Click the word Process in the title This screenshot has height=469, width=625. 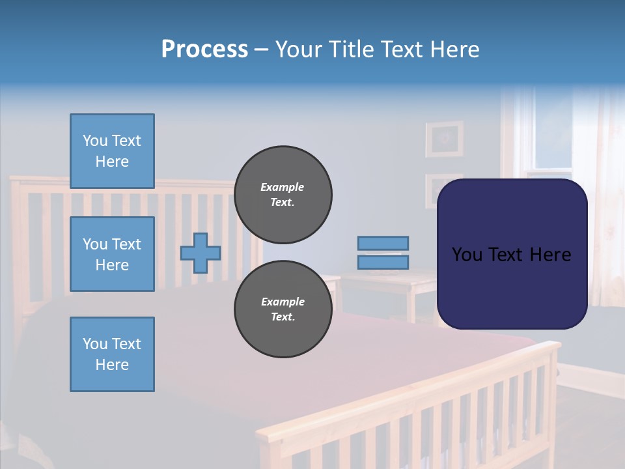tap(204, 50)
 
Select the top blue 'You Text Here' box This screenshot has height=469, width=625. tap(112, 151)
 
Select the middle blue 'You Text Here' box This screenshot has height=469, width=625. tap(112, 254)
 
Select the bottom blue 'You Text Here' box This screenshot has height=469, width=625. tap(112, 354)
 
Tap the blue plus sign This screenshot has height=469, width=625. tap(201, 253)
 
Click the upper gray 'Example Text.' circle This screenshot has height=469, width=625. tap(283, 195)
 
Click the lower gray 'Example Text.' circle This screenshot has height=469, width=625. tap(283, 309)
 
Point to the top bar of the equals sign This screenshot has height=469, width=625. tap(383, 243)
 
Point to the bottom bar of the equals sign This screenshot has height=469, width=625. tap(383, 262)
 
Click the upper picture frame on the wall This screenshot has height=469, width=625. tap(445, 139)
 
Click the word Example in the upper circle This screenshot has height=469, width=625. tap(283, 187)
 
